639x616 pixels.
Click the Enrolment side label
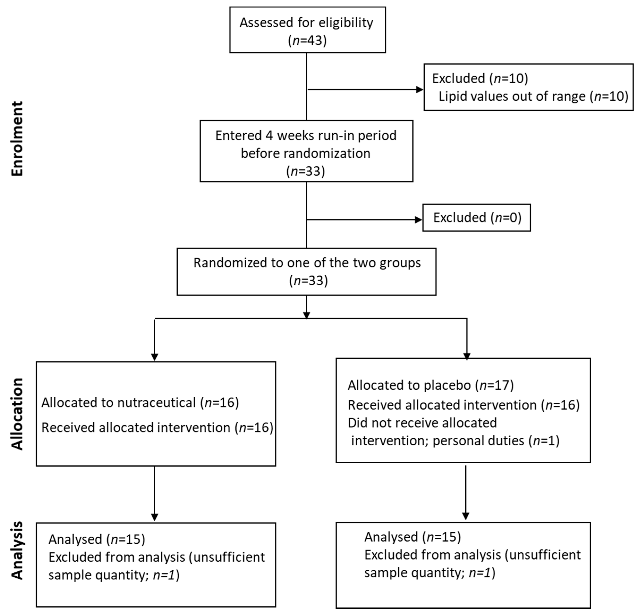coord(17,139)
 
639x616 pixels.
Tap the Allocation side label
coord(17,414)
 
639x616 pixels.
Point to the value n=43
coord(307,41)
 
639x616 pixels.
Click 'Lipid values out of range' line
coord(533,96)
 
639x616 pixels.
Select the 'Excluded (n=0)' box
coord(477,218)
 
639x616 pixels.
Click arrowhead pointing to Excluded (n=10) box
coord(420,89)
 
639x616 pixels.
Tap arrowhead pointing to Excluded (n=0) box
coord(418,220)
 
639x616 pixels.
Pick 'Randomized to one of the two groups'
coord(307,263)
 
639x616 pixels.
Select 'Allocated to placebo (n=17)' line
coord(430,385)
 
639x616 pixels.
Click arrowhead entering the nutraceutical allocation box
coord(155,357)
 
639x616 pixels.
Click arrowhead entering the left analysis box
coord(155,517)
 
